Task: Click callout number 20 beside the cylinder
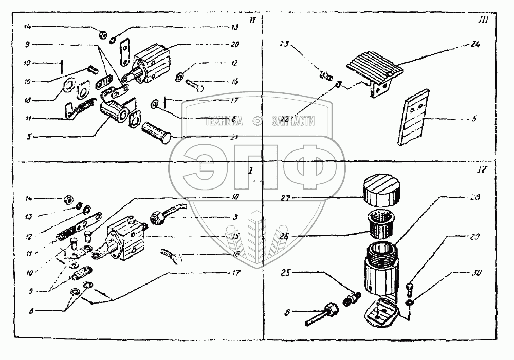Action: pyautogui.click(x=235, y=44)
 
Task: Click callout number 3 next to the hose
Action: pyautogui.click(x=235, y=218)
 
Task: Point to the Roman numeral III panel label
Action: pyautogui.click(x=478, y=21)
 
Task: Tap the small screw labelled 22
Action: pyautogui.click(x=338, y=84)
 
